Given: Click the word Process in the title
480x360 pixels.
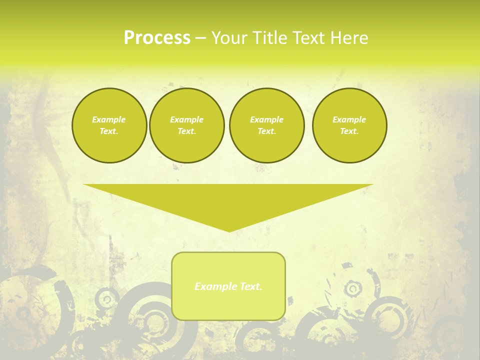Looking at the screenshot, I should (157, 37).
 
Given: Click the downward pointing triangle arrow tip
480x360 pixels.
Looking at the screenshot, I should (229, 229).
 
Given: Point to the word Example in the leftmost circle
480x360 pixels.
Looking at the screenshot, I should (109, 119).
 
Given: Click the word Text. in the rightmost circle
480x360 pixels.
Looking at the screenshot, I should (349, 131).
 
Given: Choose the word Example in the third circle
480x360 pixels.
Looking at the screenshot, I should (266, 119).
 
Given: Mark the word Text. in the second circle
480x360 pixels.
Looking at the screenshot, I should (186, 131).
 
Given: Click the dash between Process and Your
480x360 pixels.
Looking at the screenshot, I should (200, 38).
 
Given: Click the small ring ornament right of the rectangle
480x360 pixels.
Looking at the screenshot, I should (353, 288).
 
